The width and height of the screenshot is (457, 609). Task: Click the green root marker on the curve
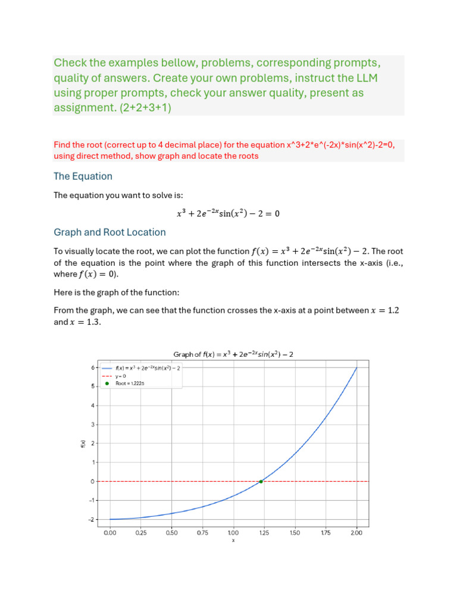click(261, 481)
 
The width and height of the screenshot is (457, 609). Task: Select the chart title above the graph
click(233, 354)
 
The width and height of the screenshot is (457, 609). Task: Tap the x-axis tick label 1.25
click(264, 533)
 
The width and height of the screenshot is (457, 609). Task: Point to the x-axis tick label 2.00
click(356, 533)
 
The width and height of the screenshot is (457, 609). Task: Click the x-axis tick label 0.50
click(171, 533)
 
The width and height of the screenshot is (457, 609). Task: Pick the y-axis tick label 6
click(92, 368)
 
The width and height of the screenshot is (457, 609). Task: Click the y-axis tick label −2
click(91, 519)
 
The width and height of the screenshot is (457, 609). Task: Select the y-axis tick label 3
click(92, 425)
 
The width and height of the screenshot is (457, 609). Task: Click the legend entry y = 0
click(121, 376)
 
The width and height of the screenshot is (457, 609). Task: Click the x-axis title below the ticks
click(233, 541)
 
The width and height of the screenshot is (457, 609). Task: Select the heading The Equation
click(83, 176)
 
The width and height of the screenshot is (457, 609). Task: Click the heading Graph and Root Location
click(109, 232)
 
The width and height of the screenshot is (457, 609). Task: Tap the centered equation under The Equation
click(228, 214)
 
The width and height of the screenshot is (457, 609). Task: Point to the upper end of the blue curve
click(356, 368)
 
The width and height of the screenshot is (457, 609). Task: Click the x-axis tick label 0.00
click(110, 533)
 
